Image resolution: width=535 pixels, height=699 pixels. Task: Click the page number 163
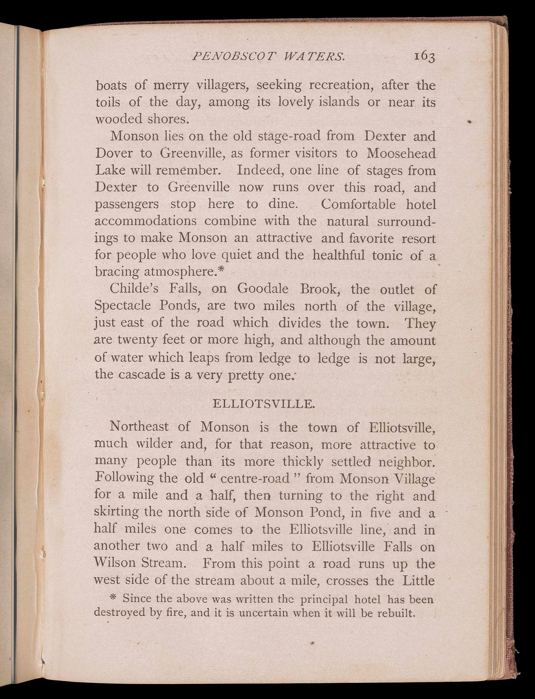click(424, 57)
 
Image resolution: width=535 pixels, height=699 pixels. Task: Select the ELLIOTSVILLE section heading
click(263, 404)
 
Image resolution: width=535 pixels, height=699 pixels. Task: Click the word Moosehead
click(401, 153)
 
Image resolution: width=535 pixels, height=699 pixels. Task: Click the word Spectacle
click(122, 306)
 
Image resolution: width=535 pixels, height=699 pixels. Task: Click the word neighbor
click(406, 462)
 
